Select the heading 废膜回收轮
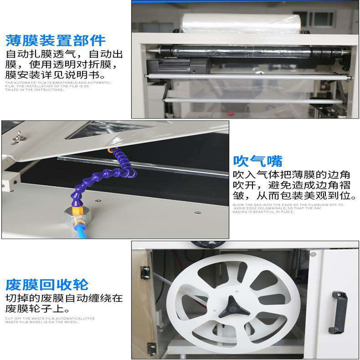(x=47, y=284)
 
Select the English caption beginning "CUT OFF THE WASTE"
(x=50, y=320)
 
